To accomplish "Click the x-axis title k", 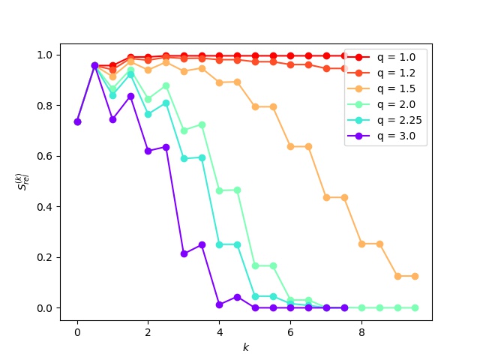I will click(x=245, y=348).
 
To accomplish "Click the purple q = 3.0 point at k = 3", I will click(x=184, y=253).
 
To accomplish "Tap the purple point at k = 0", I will click(x=77, y=121).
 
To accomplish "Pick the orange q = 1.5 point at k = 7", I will click(x=326, y=197).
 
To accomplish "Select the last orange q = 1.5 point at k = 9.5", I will click(x=415, y=276).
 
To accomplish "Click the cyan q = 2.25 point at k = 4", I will click(x=220, y=244).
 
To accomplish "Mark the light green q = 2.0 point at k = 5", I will click(x=255, y=265).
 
